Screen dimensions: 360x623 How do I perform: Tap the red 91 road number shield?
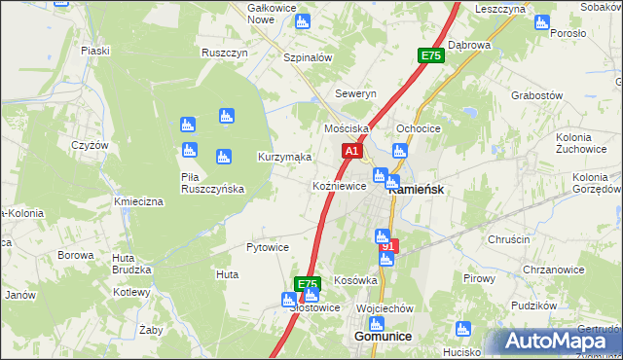tap(388, 247)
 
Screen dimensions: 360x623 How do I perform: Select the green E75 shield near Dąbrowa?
tap(431, 56)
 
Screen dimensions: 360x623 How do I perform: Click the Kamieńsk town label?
tap(418, 190)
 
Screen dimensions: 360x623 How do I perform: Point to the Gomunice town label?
tap(380, 336)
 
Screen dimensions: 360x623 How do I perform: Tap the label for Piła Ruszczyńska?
tap(212, 182)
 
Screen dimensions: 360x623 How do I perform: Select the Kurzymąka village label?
tap(284, 157)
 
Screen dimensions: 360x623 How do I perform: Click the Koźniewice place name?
tap(339, 186)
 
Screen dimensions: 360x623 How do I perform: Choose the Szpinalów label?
tap(308, 57)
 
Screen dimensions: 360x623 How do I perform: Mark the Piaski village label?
tap(94, 51)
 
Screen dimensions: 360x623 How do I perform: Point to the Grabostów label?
tap(536, 96)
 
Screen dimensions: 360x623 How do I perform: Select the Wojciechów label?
tap(385, 307)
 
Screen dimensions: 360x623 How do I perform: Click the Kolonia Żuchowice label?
tap(582, 143)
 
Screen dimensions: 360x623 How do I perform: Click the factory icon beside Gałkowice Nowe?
tap(302, 20)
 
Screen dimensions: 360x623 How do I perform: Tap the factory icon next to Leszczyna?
tap(541, 23)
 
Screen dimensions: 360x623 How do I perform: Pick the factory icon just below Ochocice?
tap(398, 150)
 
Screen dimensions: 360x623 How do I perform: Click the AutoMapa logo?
tap(556, 341)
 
